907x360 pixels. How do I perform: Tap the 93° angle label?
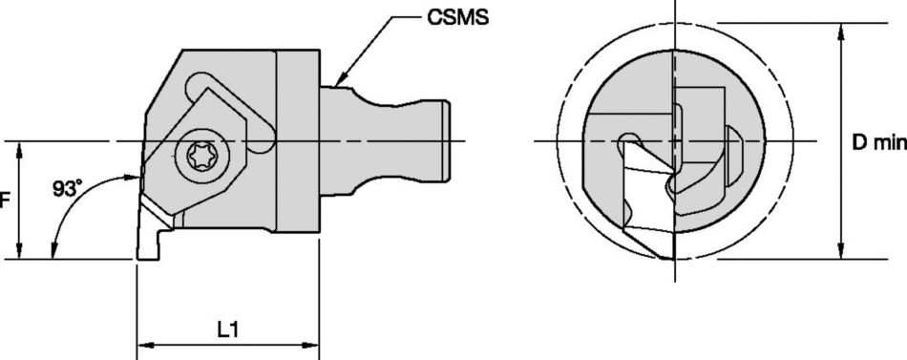(66, 189)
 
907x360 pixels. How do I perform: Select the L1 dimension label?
(227, 330)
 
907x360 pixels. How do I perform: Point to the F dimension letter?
(4, 201)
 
